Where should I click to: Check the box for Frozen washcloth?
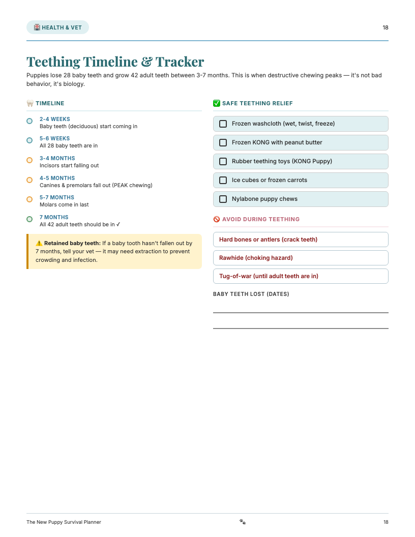point(223,124)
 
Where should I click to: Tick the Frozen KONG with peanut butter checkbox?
point(223,142)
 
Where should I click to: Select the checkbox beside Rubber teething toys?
point(223,161)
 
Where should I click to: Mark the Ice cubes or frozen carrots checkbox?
point(223,180)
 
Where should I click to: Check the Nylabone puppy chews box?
point(223,199)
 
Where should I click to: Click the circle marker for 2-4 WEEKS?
point(29,121)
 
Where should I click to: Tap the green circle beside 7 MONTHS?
point(29,219)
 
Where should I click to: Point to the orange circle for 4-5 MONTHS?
point(29,180)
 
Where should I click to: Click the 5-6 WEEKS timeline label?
point(55,138)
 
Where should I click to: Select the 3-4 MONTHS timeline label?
point(57,158)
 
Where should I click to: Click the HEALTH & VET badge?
point(57,27)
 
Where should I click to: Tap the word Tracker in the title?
point(180,62)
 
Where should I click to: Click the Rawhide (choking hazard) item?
point(256,258)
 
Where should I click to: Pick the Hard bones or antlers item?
point(268,240)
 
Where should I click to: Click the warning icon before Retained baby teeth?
point(39,243)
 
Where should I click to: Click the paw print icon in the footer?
point(243,522)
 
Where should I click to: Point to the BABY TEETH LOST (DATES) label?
point(251,294)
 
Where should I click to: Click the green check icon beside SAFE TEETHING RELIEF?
point(217,103)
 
